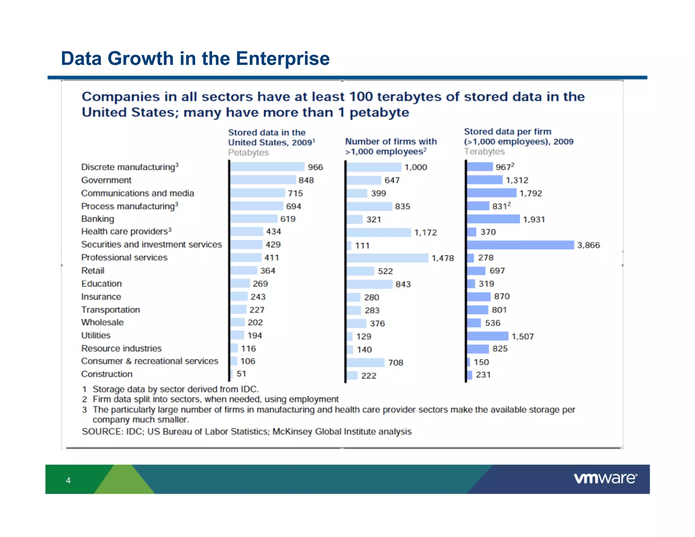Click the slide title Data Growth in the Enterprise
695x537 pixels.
pos(195,58)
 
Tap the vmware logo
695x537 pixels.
pos(605,478)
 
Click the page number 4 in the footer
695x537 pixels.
pos(68,480)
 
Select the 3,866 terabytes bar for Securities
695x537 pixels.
pos(520,245)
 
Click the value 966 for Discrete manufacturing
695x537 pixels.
pos(315,167)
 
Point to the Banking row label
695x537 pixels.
pos(98,219)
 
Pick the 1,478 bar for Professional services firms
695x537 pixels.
pos(388,258)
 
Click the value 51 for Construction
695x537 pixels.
pos(241,374)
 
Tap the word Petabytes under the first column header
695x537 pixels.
pos(248,152)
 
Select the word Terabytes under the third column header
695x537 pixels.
pos(484,151)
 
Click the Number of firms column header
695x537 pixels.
pos(391,146)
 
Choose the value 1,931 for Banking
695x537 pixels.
pos(534,219)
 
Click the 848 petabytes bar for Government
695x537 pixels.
pos(263,180)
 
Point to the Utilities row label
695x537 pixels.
pos(96,335)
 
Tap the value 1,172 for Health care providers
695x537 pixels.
pos(425,233)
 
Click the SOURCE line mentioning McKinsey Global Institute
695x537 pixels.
pos(247,431)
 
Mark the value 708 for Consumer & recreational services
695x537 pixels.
pos(396,363)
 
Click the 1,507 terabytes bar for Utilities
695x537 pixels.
pos(488,336)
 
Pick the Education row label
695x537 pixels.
pos(101,283)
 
